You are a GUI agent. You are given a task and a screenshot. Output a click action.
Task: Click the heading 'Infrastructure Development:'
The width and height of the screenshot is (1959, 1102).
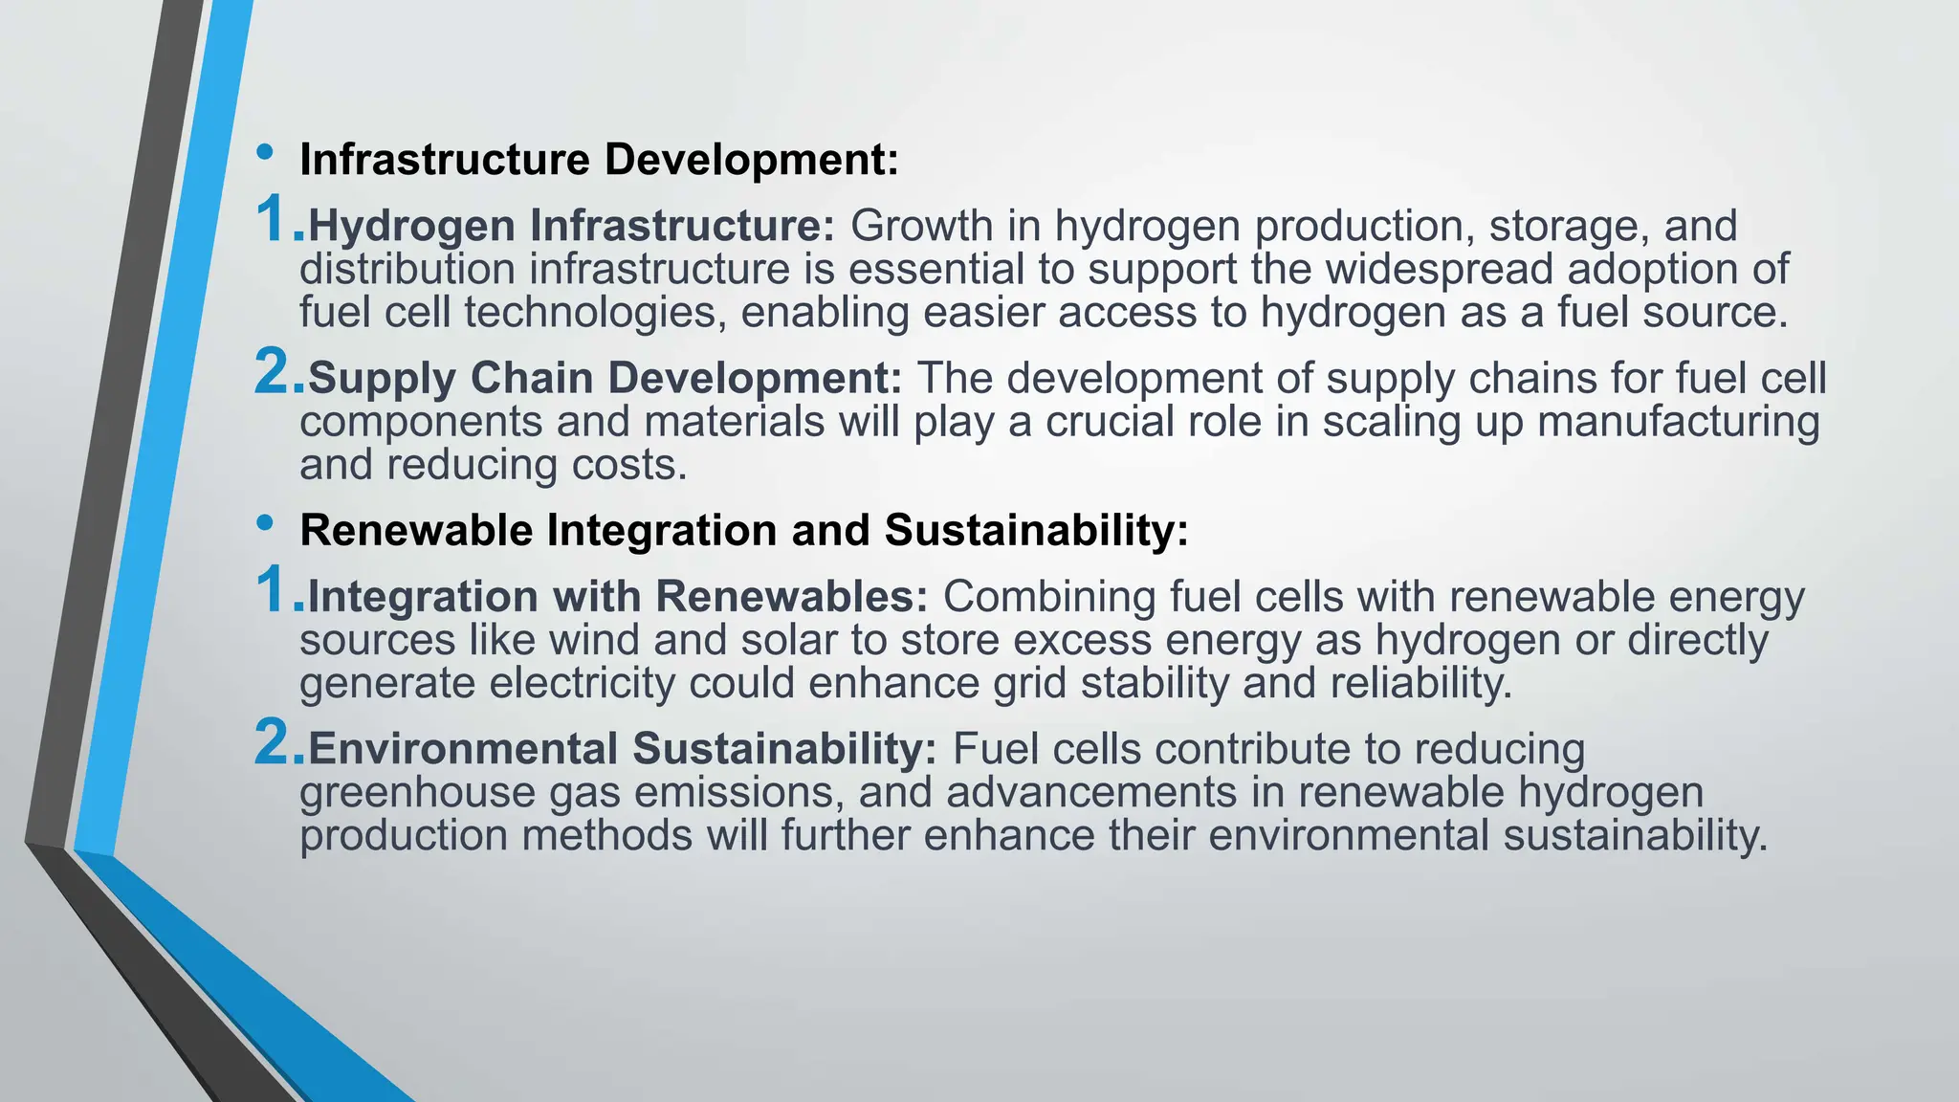pos(599,160)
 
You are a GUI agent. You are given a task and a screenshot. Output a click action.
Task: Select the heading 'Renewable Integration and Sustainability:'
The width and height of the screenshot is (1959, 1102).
pos(744,531)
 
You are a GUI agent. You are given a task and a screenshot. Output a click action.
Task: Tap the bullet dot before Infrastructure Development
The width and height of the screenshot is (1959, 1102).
pos(265,152)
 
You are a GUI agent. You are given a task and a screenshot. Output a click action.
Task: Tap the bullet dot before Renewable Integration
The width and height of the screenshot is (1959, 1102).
pos(265,523)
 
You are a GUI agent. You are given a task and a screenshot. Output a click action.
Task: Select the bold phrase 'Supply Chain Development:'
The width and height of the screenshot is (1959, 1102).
pos(605,379)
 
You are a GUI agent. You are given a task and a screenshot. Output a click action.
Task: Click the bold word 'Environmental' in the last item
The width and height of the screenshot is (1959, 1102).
pos(462,749)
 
